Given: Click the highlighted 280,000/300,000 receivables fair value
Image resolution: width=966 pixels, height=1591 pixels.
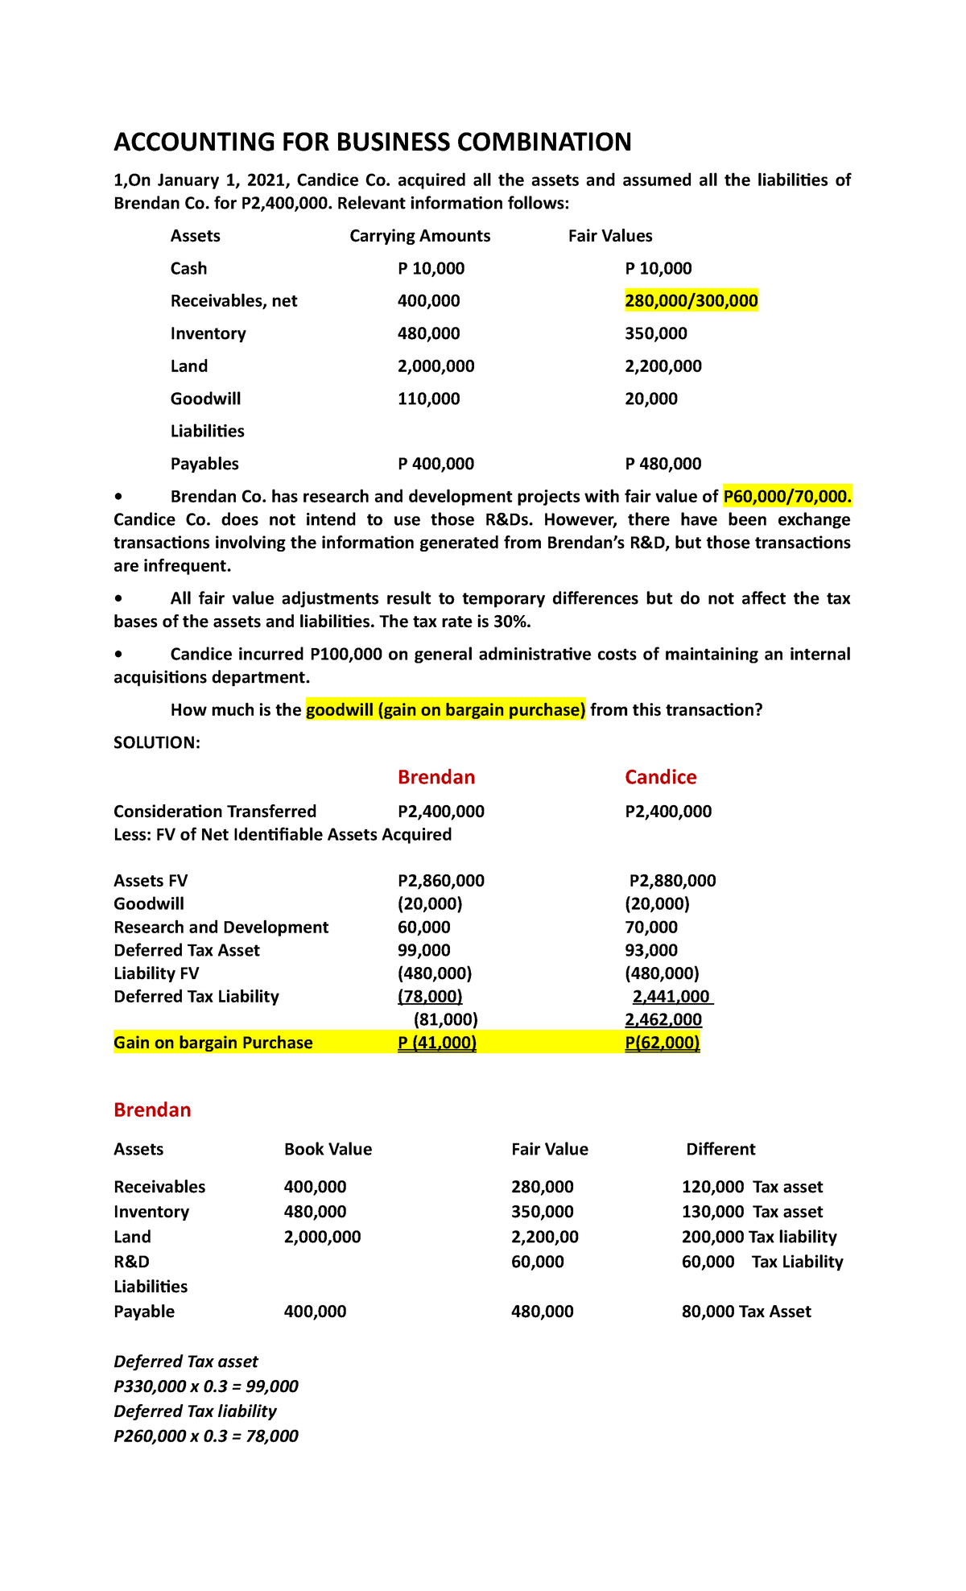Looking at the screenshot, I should point(691,301).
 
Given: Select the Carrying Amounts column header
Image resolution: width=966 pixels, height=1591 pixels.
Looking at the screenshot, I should point(419,236).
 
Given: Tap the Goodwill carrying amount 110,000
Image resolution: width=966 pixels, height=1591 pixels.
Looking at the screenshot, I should point(428,399).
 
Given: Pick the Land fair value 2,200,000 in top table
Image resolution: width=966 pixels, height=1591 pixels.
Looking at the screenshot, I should point(663,366).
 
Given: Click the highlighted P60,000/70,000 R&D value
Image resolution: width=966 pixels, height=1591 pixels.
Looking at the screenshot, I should point(786,497).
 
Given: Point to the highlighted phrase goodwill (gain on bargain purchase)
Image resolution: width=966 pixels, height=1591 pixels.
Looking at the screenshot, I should point(445,710).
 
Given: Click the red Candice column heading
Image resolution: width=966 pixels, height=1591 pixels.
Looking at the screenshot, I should point(660,777).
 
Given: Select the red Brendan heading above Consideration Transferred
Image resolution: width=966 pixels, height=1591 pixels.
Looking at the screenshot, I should point(436,777).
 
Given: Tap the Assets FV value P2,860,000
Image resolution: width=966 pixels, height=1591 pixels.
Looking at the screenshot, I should point(441,881).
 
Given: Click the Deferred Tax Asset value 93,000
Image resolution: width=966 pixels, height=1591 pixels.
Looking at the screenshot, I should point(650,951).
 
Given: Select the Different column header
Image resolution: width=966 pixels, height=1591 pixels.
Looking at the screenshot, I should point(720,1149).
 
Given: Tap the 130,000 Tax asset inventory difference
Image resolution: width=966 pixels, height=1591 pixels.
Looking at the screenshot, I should point(751,1212).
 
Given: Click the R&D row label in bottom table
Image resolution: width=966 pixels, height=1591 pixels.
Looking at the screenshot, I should point(131,1262).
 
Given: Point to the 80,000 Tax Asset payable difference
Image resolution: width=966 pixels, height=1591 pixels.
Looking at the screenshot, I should point(745,1312).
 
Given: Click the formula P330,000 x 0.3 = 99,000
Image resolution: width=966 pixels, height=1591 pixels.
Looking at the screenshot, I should point(206,1386).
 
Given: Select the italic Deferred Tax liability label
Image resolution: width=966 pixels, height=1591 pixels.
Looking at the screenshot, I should point(195,1411).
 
